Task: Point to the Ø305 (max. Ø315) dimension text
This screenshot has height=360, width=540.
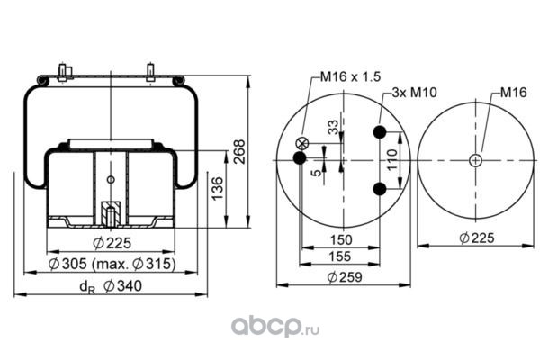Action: click(x=112, y=264)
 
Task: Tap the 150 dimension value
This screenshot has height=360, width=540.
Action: click(x=340, y=240)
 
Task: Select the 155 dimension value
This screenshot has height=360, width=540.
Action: click(x=340, y=256)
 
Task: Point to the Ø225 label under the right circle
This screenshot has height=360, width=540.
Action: click(x=477, y=238)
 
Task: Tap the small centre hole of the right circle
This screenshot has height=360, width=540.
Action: click(x=475, y=160)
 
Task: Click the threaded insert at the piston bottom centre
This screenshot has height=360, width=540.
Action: click(x=110, y=215)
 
